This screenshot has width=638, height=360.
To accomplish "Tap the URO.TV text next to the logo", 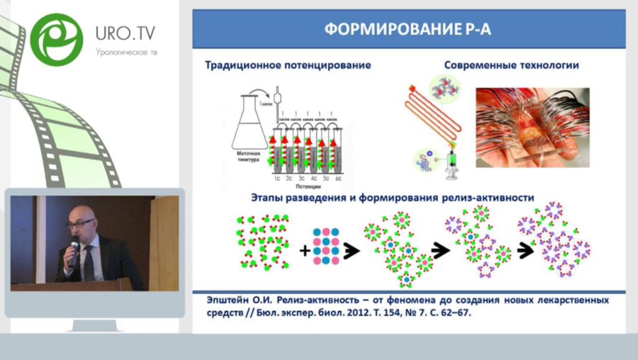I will coord(125,33).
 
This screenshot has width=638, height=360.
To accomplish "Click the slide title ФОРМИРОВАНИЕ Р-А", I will coord(408,29).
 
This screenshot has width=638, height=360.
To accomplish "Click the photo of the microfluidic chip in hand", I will coord(532,127).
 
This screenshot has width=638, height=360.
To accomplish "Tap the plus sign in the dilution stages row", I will coord(304,249).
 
